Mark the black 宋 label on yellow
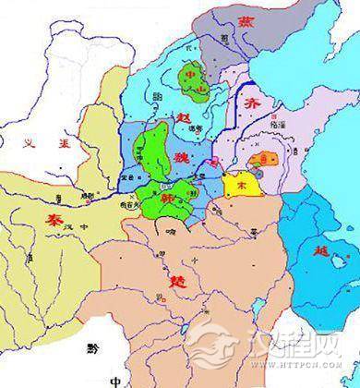243,185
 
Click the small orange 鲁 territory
267,159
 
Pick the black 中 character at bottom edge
114,380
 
